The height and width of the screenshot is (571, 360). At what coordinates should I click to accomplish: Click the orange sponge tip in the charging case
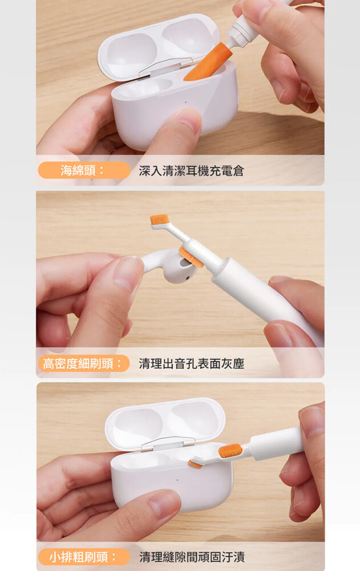208,62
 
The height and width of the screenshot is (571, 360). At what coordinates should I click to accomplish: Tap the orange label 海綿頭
84,170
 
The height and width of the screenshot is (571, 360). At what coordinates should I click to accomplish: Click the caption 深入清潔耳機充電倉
191,170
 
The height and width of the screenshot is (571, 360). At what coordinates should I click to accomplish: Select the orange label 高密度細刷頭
84,363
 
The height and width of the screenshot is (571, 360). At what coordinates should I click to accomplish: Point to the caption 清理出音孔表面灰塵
192,363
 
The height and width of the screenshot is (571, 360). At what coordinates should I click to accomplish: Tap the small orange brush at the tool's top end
159,219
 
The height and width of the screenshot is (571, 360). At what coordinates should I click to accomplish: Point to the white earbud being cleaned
167,266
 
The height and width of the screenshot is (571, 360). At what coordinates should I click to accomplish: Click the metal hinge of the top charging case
160,69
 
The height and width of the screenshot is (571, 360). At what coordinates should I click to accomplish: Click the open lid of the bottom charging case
165,424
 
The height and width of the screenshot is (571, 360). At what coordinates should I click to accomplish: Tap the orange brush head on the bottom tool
230,451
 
